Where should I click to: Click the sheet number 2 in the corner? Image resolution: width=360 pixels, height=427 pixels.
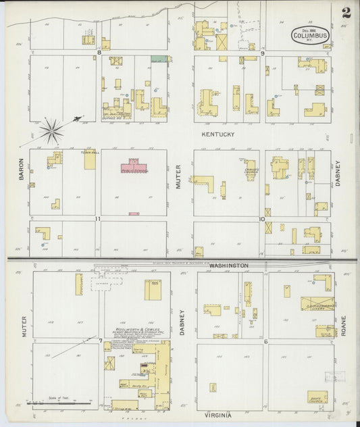click(345, 12)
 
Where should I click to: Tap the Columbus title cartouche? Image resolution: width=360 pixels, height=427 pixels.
click(311, 34)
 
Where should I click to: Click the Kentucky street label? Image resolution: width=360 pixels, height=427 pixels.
click(217, 135)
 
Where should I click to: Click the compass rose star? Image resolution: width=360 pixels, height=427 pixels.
click(51, 128)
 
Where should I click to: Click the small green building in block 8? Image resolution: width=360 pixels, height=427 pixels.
click(158, 59)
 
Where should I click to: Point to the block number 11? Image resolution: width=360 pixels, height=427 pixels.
click(98, 219)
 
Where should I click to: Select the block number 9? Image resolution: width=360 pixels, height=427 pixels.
click(262, 52)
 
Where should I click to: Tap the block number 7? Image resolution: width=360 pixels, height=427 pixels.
click(100, 339)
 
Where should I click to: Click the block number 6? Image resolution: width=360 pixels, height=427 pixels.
click(266, 341)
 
